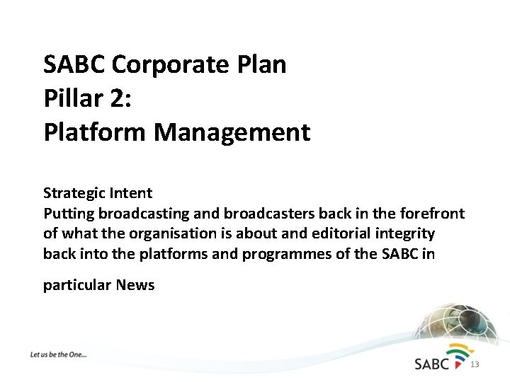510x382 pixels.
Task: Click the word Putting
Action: pos(69,214)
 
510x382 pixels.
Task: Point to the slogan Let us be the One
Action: pos(58,354)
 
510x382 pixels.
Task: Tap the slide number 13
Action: pos(475,365)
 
